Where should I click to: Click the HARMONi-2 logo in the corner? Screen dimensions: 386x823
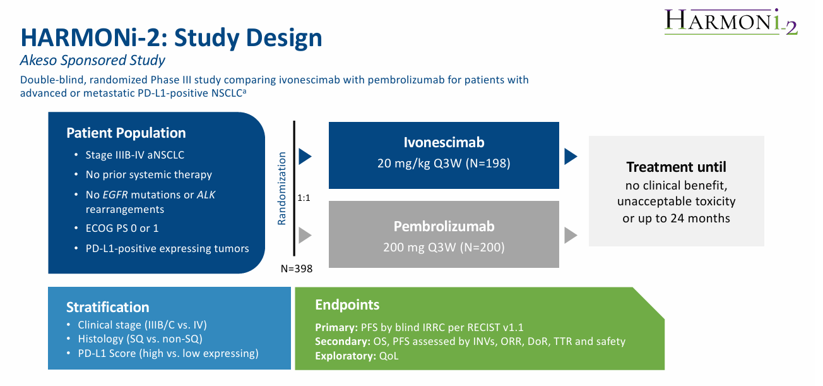[x=731, y=21]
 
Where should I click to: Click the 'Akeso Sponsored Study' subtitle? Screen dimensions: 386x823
[x=93, y=61]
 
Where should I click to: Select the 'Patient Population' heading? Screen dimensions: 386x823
[x=126, y=133]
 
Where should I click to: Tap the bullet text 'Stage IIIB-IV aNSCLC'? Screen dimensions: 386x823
[x=135, y=155]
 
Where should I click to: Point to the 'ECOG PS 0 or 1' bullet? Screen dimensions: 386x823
[x=122, y=228]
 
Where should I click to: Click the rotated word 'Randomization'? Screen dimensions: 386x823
[x=282, y=188]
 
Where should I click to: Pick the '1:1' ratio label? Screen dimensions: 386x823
[x=304, y=198]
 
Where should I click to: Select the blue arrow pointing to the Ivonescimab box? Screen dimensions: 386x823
[x=305, y=156]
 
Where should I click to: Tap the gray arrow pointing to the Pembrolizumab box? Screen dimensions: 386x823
[x=305, y=235]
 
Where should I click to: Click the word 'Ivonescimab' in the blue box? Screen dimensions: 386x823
[x=444, y=142]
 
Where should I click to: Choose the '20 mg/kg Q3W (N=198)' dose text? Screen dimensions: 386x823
[x=444, y=163]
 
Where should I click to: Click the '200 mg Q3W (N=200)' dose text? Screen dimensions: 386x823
[x=444, y=247]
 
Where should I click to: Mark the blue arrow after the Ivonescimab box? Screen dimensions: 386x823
[x=571, y=156]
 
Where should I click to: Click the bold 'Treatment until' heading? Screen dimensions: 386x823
[x=676, y=167]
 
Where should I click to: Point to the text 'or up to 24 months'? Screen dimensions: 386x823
[x=676, y=219]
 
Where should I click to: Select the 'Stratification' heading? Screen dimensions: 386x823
[x=107, y=308]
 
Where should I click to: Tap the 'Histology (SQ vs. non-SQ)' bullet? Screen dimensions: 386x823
[x=140, y=339]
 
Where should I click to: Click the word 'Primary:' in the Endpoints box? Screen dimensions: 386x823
[x=336, y=328]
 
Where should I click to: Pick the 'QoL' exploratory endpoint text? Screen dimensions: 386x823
[x=389, y=356]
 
